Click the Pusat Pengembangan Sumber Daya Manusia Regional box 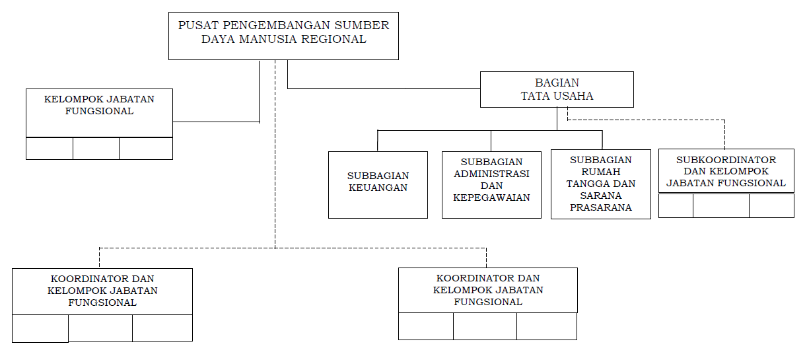[x=283, y=36]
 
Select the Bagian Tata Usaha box [x=557, y=89]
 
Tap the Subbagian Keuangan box [x=378, y=185]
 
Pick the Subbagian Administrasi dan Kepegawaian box [x=491, y=185]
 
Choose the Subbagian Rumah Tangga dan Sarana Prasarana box [x=600, y=185]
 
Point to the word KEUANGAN [x=378, y=188]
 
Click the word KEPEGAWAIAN [x=491, y=198]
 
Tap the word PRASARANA [x=600, y=207]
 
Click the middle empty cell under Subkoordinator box [x=721, y=205]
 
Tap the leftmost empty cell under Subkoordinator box [x=676, y=205]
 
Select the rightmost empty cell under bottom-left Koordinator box [x=162, y=328]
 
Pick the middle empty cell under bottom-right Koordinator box [x=485, y=326]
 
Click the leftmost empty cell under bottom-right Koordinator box [x=426, y=326]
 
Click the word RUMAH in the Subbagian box [x=600, y=172]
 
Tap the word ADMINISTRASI [x=491, y=174]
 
